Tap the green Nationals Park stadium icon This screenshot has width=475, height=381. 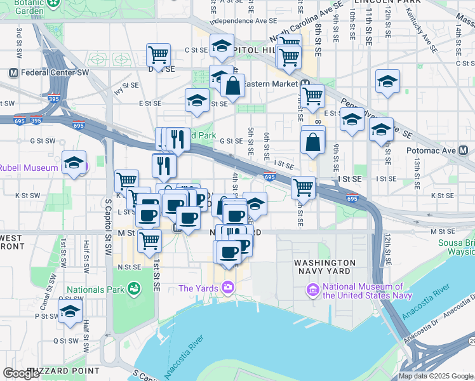(133, 290)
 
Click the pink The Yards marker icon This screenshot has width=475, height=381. (228, 288)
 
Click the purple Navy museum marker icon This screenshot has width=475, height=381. (312, 290)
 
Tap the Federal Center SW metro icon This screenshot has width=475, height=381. (13, 72)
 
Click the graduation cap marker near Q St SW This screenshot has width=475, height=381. (70, 311)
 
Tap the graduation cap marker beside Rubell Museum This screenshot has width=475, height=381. (74, 163)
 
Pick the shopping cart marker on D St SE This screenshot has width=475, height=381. (158, 55)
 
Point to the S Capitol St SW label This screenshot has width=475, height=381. (108, 224)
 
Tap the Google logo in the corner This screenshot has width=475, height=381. (22, 373)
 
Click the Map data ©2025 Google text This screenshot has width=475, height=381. (436, 376)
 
